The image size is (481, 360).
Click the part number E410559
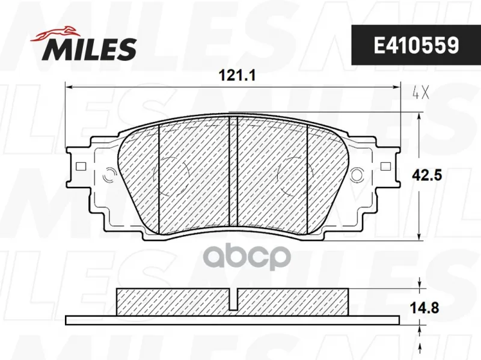coord(416,45)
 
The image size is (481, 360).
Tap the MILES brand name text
coord(90,49)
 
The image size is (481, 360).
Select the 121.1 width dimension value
coord(236,76)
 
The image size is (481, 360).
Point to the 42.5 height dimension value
coord(427,175)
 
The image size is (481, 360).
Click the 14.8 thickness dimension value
coord(424,308)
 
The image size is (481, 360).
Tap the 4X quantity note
coord(420,93)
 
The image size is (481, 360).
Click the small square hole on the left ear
coord(81,166)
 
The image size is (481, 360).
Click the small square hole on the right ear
coord(385,166)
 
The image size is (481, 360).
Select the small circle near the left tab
coord(110,175)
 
